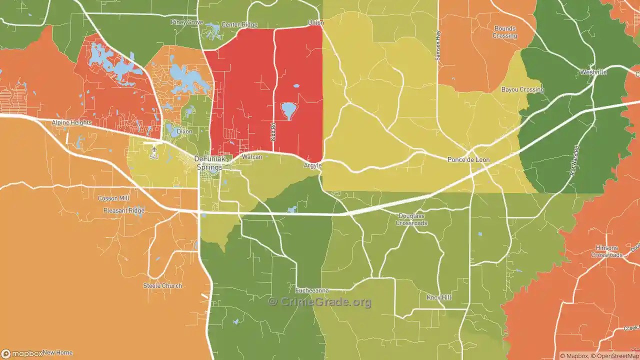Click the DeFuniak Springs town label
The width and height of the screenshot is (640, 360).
coord(209,163)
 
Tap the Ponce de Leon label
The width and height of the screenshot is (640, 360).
coord(468,159)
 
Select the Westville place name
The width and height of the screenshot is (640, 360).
coord(593,72)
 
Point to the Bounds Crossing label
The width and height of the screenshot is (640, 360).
coord(504,32)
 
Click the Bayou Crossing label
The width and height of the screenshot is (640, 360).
coord(522,89)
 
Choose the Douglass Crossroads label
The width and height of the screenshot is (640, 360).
coord(412,219)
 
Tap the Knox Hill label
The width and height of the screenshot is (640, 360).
coord(439,297)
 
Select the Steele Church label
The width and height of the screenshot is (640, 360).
coord(162,286)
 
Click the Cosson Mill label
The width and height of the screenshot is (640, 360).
coord(114,198)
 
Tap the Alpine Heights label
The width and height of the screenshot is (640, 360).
coord(72,122)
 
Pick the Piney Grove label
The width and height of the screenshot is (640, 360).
coord(186,22)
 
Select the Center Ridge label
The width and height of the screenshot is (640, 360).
coord(239,24)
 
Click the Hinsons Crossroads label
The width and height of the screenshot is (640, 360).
coord(606,251)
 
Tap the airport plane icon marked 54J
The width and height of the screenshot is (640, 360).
coord(153,149)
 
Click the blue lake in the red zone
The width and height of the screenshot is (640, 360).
coord(288,110)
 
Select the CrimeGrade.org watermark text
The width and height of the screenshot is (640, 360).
coord(320,302)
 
